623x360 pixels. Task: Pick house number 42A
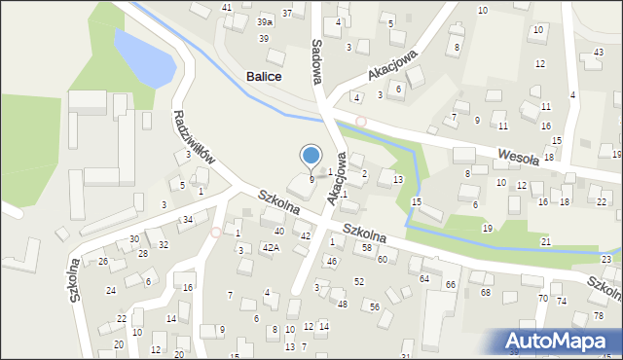pyautogui.click(x=271, y=248)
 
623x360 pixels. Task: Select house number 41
pyautogui.click(x=227, y=8)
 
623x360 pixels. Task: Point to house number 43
pyautogui.click(x=598, y=52)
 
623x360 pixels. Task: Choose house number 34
pyautogui.click(x=187, y=220)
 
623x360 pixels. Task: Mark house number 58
pyautogui.click(x=366, y=248)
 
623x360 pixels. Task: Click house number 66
pyautogui.click(x=451, y=284)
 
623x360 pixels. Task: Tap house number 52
pyautogui.click(x=359, y=281)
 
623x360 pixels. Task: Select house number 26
pyautogui.click(x=102, y=262)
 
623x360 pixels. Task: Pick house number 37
pyautogui.click(x=287, y=13)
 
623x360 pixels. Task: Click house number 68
pyautogui.click(x=485, y=292)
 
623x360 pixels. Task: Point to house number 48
pyautogui.click(x=342, y=304)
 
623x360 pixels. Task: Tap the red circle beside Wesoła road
pyautogui.click(x=361, y=122)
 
